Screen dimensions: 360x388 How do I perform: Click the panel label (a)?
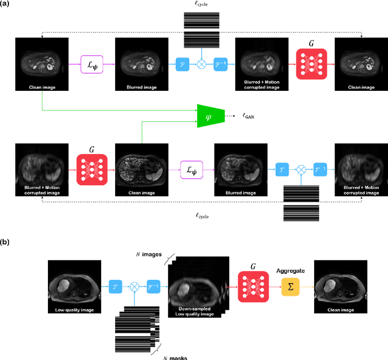(x=7, y=5)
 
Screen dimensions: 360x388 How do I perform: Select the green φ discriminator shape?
(x=210, y=115)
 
